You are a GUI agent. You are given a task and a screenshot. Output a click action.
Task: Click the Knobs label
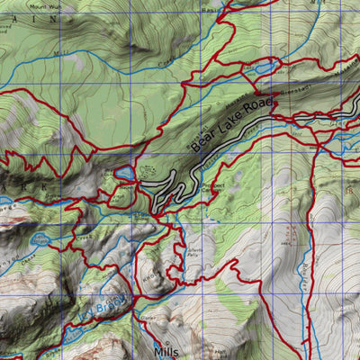coord(148,270)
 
